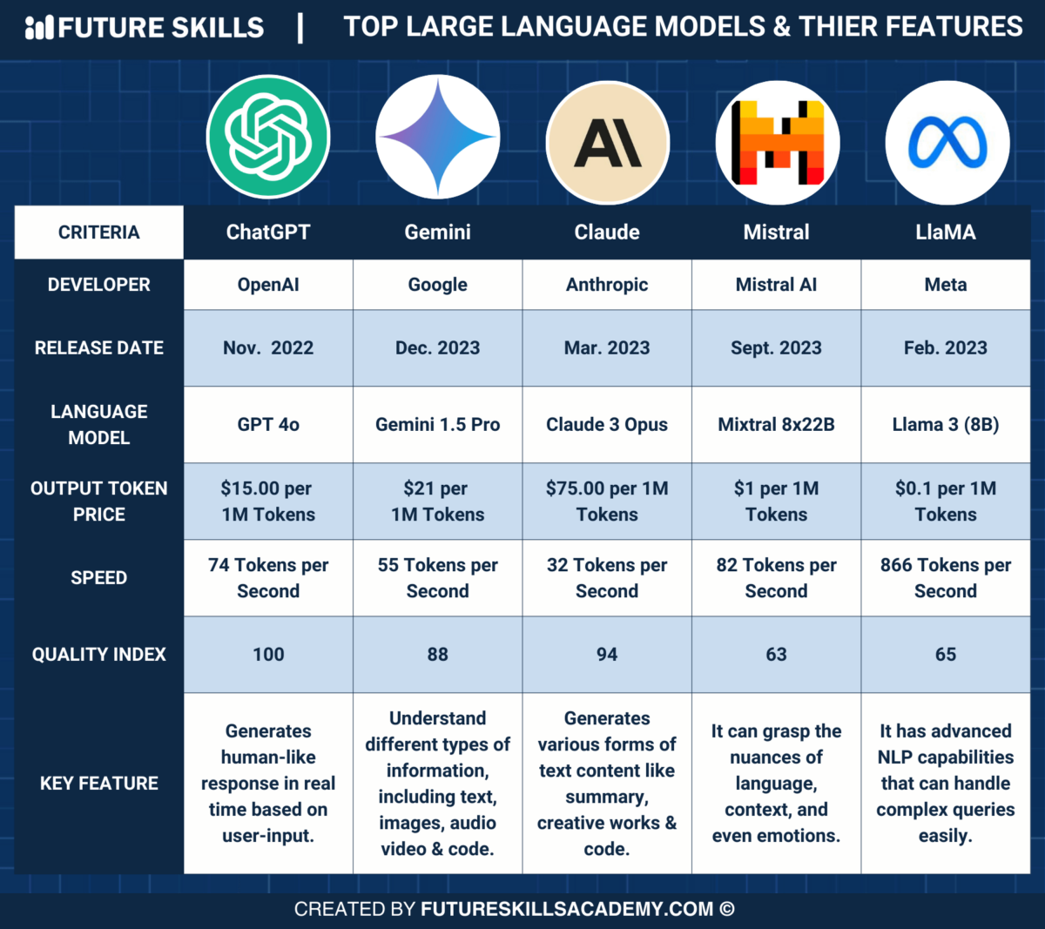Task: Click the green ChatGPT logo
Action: [x=268, y=137]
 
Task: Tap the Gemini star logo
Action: [x=438, y=138]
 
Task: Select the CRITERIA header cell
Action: [x=98, y=232]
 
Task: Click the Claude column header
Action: [x=607, y=232]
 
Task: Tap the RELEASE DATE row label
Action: [x=98, y=348]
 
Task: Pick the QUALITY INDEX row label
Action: [x=98, y=655]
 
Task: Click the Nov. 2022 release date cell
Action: [x=268, y=348]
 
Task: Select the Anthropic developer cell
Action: [x=607, y=285]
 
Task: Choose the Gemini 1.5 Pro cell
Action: [x=438, y=425]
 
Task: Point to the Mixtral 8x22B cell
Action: [x=776, y=425]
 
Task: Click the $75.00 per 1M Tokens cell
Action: [x=607, y=502]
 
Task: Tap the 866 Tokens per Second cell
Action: [x=946, y=578]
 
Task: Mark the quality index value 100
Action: [x=268, y=655]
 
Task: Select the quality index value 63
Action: [x=776, y=655]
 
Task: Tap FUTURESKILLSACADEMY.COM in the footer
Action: [x=567, y=910]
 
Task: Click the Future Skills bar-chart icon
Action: [x=39, y=28]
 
